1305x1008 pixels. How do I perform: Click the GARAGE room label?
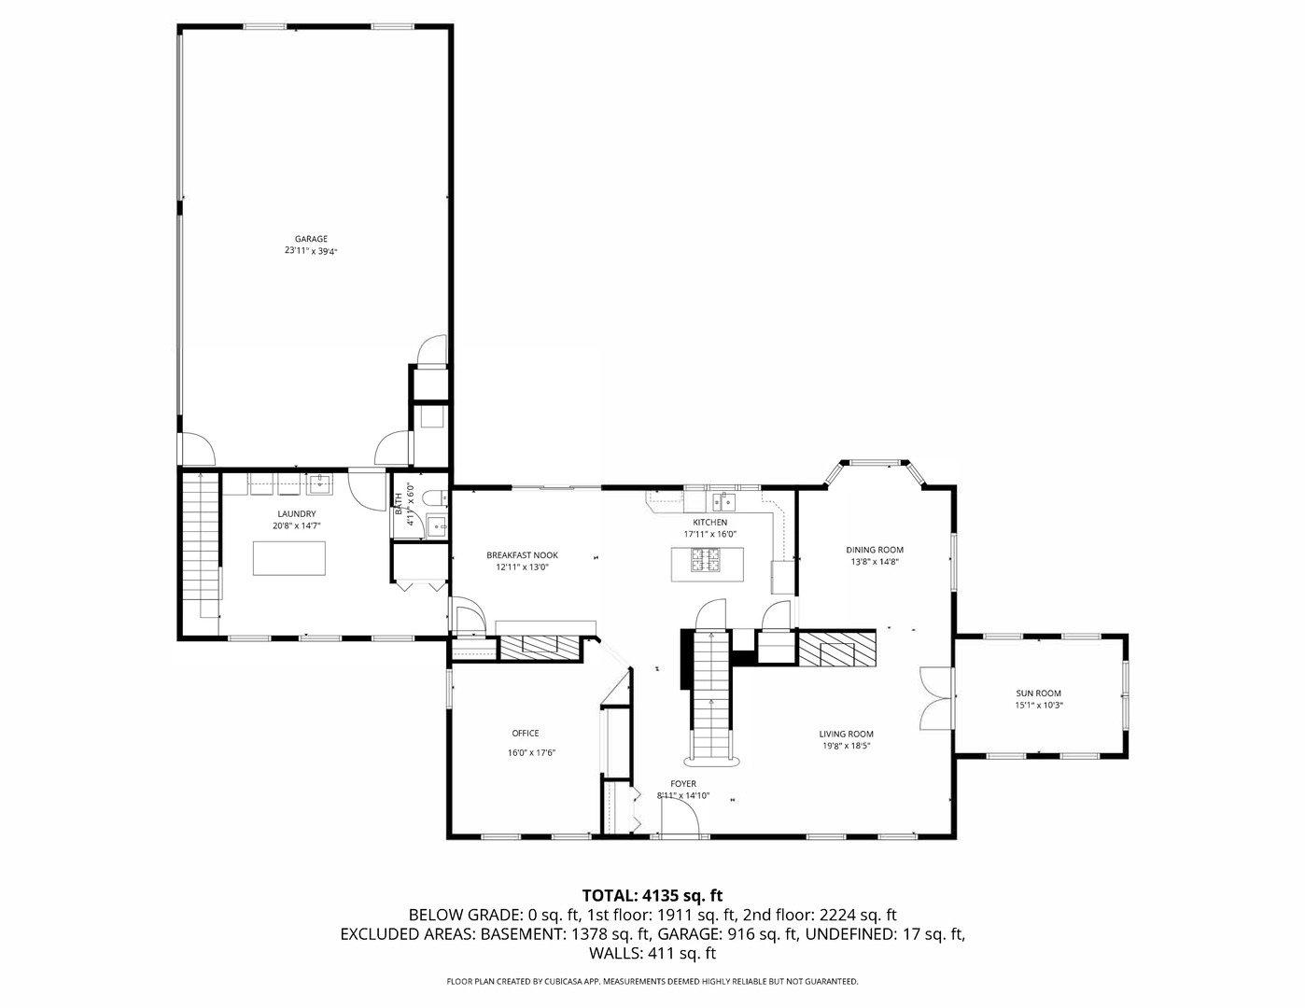(x=311, y=239)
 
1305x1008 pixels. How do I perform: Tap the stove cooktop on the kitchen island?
(x=707, y=561)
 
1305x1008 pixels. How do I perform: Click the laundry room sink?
(x=319, y=483)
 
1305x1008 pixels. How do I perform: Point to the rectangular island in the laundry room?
(x=289, y=558)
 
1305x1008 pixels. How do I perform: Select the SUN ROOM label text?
(x=1038, y=693)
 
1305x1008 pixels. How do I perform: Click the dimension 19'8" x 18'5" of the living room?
(x=847, y=746)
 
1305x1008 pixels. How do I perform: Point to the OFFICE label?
(x=525, y=733)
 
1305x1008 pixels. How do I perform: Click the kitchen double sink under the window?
(x=724, y=502)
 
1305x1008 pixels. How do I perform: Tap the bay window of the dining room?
(x=874, y=463)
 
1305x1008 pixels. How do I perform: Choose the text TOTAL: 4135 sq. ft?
(x=652, y=895)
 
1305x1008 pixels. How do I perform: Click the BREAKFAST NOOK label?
(x=522, y=555)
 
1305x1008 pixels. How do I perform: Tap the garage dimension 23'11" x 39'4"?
(x=311, y=251)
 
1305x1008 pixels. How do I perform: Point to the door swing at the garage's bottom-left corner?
(x=197, y=450)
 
